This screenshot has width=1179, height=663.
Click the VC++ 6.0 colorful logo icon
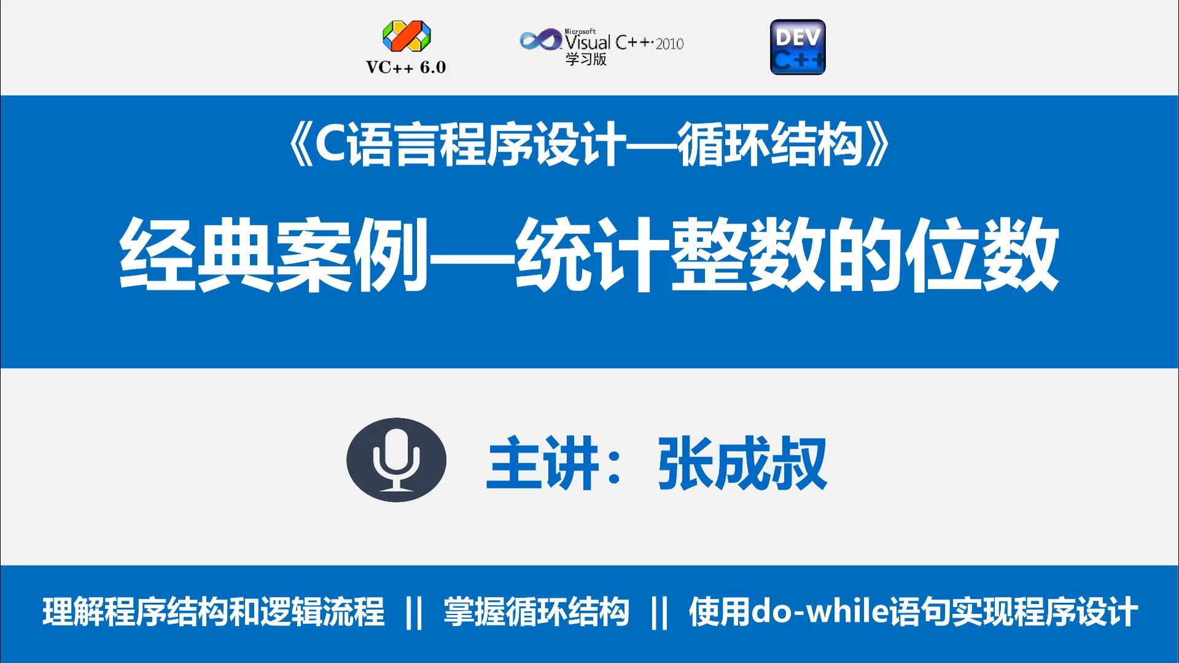click(407, 37)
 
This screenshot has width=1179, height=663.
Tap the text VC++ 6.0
click(406, 68)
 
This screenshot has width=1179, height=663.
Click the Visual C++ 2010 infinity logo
click(540, 41)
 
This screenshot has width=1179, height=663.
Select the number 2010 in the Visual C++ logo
click(669, 44)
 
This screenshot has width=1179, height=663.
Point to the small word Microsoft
click(580, 31)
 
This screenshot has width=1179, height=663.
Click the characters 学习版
click(586, 59)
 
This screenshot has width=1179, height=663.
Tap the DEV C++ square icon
click(798, 47)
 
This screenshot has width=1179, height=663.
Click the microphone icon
click(396, 460)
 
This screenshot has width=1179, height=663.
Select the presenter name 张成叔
click(742, 463)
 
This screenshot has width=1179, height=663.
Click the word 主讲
click(542, 463)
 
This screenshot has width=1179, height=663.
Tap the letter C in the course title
click(331, 147)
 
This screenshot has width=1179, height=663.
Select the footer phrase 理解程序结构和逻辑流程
click(213, 611)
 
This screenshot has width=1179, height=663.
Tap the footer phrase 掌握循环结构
click(536, 611)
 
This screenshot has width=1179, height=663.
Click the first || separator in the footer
click(414, 612)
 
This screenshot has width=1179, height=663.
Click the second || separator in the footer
click(659, 612)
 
